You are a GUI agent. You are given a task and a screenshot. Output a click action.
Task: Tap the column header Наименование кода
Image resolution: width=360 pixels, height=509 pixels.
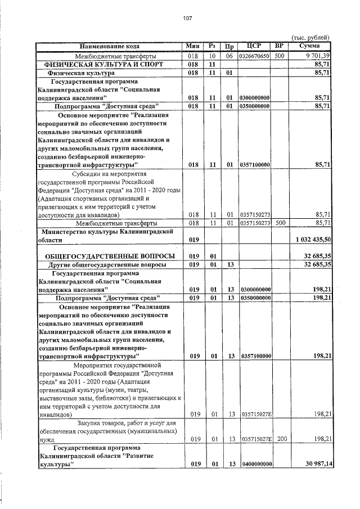click(x=109, y=46)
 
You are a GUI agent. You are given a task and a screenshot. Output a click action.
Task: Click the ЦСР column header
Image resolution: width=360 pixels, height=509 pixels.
click(x=255, y=46)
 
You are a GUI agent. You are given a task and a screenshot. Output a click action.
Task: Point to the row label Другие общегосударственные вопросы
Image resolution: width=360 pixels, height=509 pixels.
click(x=107, y=264)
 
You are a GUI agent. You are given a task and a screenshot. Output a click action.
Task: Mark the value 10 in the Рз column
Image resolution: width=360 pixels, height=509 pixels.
click(x=212, y=56)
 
